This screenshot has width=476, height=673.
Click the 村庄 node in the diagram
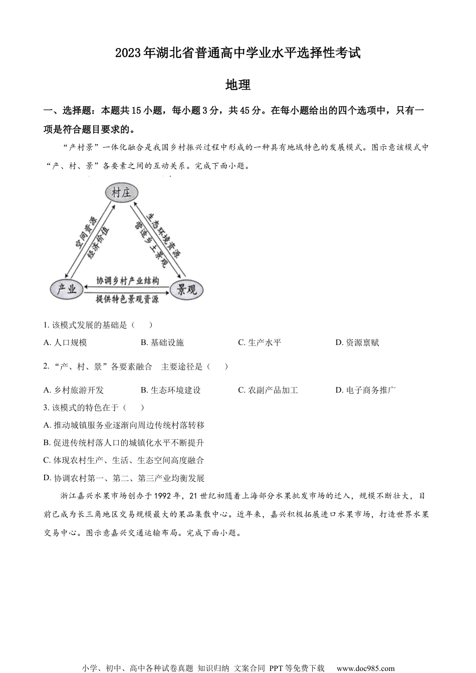(x=121, y=193)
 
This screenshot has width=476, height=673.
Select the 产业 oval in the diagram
(x=67, y=289)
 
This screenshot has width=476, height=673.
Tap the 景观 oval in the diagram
(x=187, y=289)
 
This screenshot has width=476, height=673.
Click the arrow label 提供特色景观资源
(x=127, y=299)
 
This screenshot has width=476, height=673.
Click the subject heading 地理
(x=238, y=85)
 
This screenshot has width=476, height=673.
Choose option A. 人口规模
(x=65, y=343)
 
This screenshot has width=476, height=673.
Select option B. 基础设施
(x=162, y=343)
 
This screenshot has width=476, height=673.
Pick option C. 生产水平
(x=260, y=343)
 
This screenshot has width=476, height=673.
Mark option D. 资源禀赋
(x=357, y=343)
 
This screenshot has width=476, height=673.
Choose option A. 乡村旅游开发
(x=74, y=390)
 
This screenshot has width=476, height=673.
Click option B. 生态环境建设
(x=171, y=390)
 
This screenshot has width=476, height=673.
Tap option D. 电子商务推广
(x=366, y=390)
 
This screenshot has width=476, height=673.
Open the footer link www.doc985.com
(x=365, y=668)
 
